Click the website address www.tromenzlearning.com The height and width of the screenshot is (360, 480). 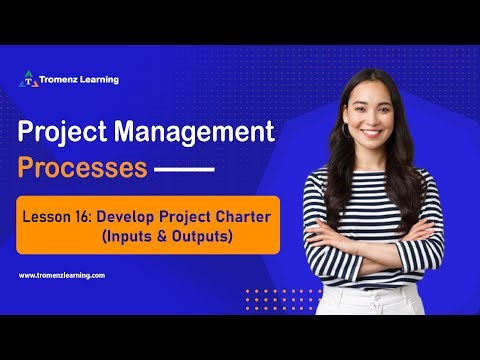(61, 275)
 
